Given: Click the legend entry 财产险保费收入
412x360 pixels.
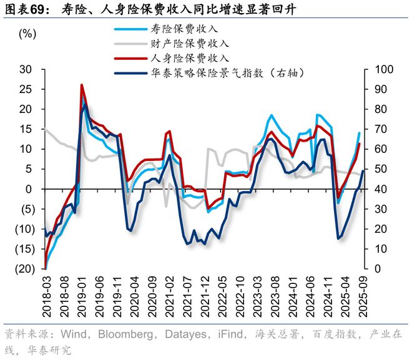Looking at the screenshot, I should coord(190,44).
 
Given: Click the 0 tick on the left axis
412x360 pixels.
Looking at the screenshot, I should coord(28,189).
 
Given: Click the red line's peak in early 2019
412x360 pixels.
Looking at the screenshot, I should coord(82,85).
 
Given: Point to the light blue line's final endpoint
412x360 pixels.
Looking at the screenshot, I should coord(360,132).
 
